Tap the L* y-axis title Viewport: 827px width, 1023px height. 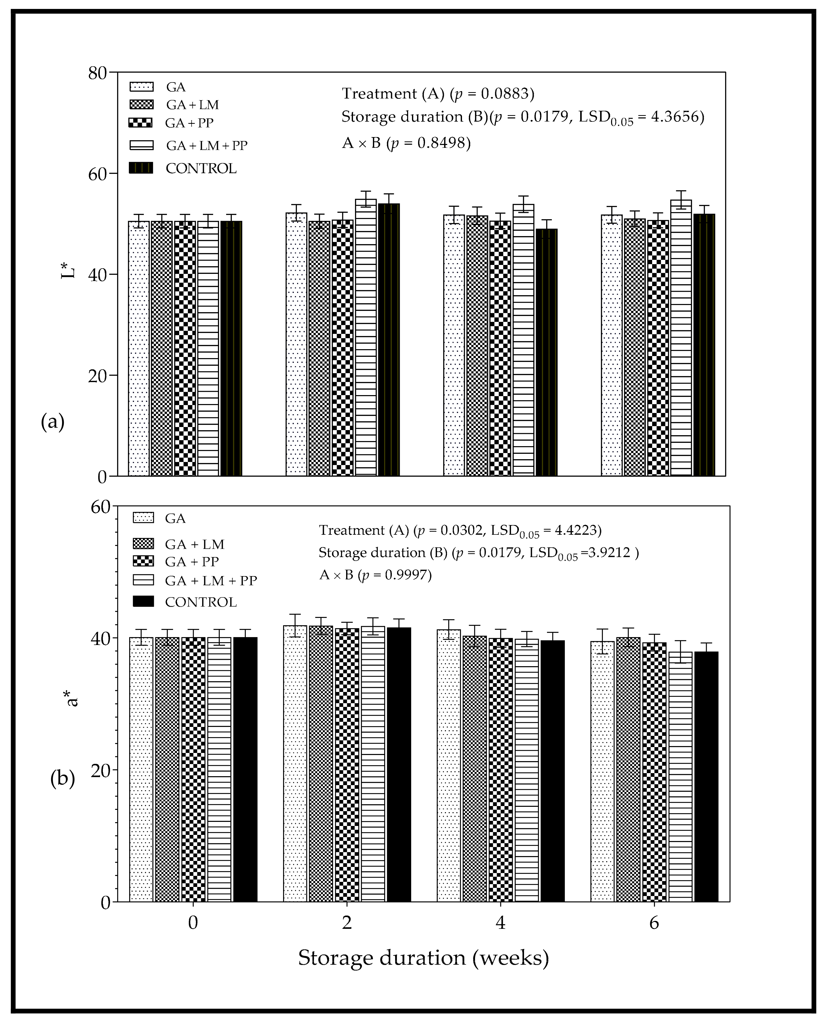[69, 267]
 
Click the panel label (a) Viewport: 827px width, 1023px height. [52, 422]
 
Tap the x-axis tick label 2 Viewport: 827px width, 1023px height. [347, 922]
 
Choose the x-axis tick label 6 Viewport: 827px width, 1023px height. [654, 922]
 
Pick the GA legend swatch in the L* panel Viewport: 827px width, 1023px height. [141, 87]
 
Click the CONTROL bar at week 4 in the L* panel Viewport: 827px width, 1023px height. [546, 352]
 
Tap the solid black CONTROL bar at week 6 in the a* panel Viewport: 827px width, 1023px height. [706, 776]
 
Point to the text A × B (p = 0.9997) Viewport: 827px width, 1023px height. [375, 575]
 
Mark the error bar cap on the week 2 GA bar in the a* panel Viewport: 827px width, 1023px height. [295, 614]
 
